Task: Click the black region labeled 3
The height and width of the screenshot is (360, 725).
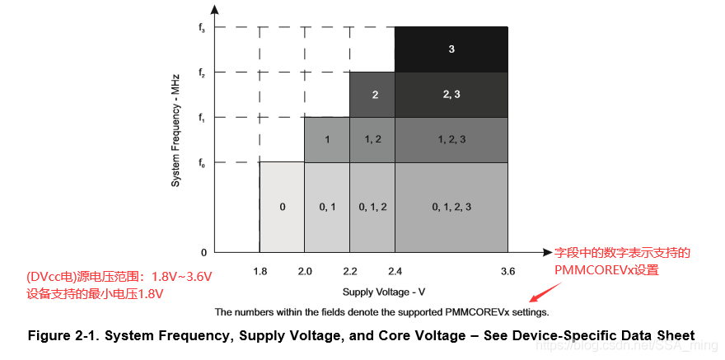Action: click(451, 49)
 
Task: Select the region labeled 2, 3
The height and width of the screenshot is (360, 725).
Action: click(451, 94)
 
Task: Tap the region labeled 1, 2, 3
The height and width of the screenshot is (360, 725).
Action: click(451, 139)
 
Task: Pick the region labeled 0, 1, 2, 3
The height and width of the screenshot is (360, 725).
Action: click(451, 207)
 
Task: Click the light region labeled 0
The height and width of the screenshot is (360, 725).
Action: click(282, 207)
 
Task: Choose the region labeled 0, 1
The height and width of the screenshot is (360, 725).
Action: click(327, 207)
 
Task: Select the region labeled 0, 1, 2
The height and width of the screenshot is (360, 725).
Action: click(372, 207)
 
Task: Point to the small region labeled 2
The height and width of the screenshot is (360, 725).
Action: click(374, 94)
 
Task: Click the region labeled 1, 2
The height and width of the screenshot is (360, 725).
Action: click(372, 139)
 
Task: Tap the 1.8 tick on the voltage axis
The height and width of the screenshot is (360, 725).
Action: click(260, 271)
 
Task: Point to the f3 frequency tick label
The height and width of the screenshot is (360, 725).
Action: click(201, 29)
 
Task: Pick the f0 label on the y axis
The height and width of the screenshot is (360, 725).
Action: click(201, 163)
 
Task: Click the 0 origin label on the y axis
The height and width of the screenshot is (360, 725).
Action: click(203, 251)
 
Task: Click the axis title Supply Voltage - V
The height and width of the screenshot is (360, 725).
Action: click(383, 292)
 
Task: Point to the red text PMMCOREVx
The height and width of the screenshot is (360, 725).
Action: click(590, 269)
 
